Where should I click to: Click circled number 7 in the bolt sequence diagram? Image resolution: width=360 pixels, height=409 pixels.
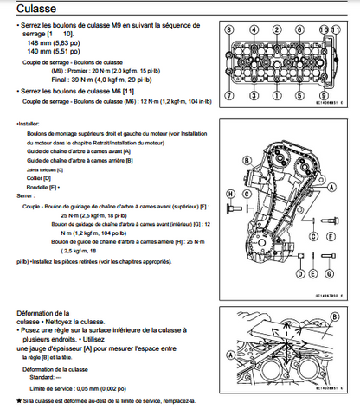coord(229,94)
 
